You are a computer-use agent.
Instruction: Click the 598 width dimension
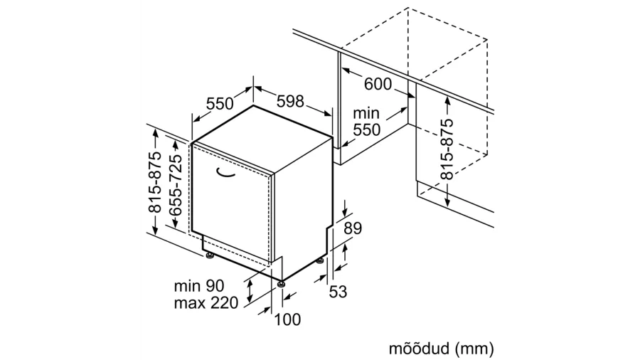pyautogui.click(x=290, y=101)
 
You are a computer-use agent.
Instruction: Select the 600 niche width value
pyautogui.click(x=378, y=84)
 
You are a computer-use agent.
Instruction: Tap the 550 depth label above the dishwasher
pyautogui.click(x=220, y=104)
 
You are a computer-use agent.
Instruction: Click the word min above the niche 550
pyautogui.click(x=366, y=112)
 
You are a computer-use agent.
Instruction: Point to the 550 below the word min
pyautogui.click(x=366, y=129)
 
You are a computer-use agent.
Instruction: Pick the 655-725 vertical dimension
pyautogui.click(x=176, y=185)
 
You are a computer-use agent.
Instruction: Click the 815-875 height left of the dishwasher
pyautogui.click(x=155, y=182)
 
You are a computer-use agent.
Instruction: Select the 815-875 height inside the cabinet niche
pyautogui.click(x=447, y=149)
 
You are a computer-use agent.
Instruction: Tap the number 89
pyautogui.click(x=353, y=228)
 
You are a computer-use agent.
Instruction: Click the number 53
pyautogui.click(x=338, y=292)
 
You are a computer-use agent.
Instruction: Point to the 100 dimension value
pyautogui.click(x=287, y=319)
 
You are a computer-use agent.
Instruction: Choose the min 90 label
pyautogui.click(x=199, y=286)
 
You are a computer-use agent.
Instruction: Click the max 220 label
pyautogui.click(x=206, y=303)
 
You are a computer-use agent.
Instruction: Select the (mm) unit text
pyautogui.click(x=475, y=349)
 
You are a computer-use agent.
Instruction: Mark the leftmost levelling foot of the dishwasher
pyautogui.click(x=210, y=256)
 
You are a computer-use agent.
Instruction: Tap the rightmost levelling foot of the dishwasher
pyautogui.click(x=320, y=260)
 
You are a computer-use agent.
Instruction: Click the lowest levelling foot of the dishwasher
pyautogui.click(x=281, y=284)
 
